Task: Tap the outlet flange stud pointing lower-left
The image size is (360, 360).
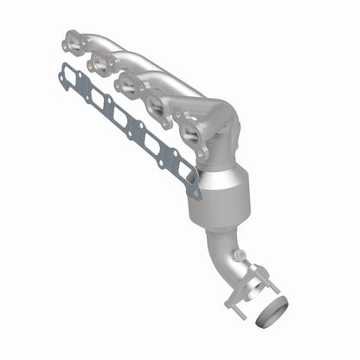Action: point(229,303)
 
